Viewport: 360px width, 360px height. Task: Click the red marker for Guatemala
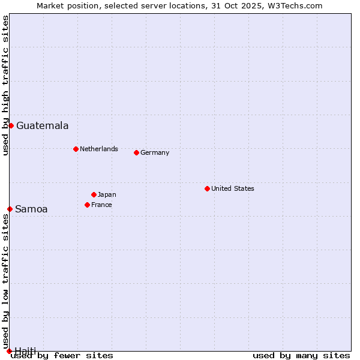coord(11,125)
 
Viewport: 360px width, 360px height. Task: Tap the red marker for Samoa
coord(10,209)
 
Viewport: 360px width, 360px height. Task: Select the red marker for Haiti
coord(9,351)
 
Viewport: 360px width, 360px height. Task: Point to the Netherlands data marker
coord(76,149)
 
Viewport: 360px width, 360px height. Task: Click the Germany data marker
coord(136,152)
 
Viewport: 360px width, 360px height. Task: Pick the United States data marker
coord(207,188)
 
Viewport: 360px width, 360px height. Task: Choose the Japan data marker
coord(94,194)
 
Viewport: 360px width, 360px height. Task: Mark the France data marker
coord(87,205)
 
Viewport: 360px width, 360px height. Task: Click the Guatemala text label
coord(42,125)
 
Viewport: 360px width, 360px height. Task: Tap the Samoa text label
coord(31,209)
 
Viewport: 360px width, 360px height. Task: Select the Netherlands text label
coord(99,149)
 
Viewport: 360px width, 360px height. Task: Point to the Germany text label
coord(155,152)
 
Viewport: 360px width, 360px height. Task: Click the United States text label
coord(233,188)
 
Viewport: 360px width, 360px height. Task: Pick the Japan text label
coord(107,194)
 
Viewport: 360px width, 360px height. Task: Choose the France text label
coord(101,205)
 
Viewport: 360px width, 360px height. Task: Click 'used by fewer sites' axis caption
coord(62,355)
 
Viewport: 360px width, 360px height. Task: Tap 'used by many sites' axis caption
coord(301,355)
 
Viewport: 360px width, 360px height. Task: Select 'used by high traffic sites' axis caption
coord(5,85)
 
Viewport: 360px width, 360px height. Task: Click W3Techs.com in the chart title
coord(294,5)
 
